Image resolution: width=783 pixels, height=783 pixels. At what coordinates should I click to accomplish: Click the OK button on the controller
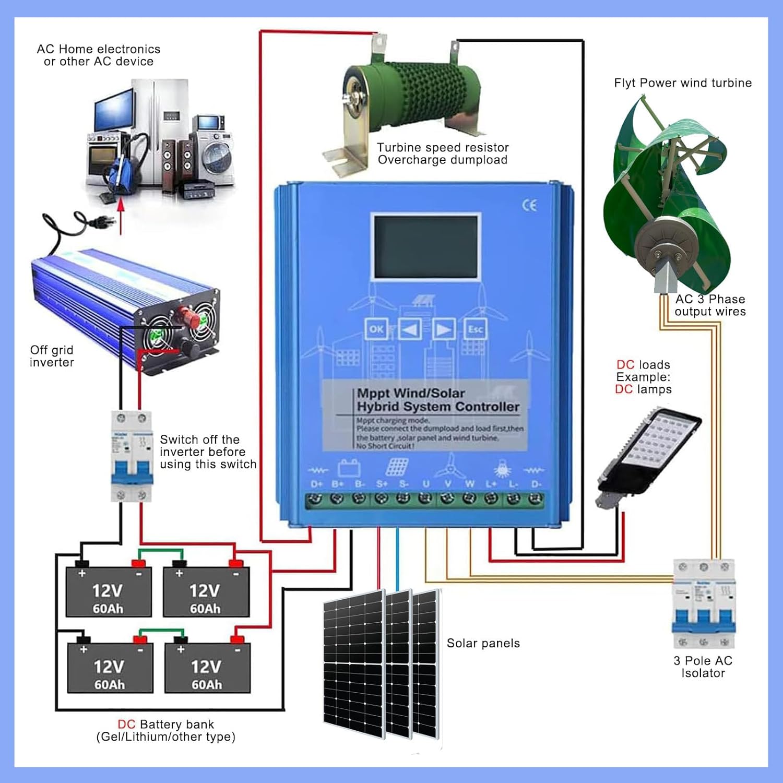click(376, 329)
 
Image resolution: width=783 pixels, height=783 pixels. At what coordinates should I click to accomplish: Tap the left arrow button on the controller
click(410, 329)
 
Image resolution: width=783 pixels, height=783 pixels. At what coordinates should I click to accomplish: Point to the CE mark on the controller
click(529, 205)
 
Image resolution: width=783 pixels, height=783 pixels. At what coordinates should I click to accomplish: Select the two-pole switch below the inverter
click(132, 456)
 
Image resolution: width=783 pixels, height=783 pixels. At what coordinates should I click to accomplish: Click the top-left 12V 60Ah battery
click(109, 592)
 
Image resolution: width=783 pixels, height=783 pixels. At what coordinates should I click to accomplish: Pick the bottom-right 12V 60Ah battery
click(207, 668)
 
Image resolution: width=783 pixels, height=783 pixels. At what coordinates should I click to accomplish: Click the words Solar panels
click(483, 643)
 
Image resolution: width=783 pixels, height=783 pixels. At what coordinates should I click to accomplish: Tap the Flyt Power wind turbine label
click(682, 83)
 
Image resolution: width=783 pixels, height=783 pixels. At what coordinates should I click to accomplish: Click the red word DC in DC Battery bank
click(126, 724)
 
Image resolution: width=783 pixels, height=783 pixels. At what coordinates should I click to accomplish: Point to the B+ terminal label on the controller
click(338, 484)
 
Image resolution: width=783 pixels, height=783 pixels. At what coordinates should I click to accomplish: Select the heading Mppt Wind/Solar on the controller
click(411, 393)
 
